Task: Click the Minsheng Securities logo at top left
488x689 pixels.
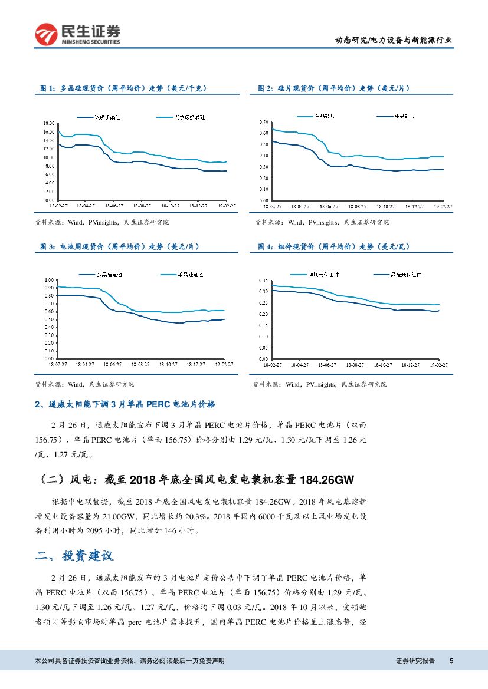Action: (x=77, y=34)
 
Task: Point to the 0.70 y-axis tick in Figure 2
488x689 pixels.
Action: (x=264, y=122)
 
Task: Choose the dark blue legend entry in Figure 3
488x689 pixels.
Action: (x=109, y=275)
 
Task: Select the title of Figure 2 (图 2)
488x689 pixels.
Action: (x=334, y=88)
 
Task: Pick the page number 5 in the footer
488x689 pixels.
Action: (x=451, y=661)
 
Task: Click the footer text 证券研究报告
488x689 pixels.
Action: (x=415, y=661)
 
